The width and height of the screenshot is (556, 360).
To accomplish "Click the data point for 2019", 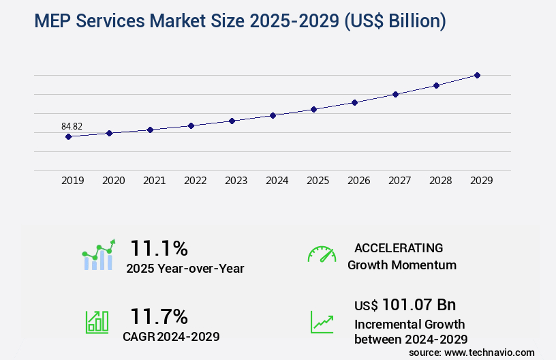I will pyautogui.click(x=68, y=136).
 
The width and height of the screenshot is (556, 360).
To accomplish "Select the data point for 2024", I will pyautogui.click(x=273, y=115).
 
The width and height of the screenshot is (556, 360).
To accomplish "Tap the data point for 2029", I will pyautogui.click(x=477, y=75).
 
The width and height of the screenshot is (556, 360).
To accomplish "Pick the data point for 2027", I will pyautogui.click(x=395, y=94).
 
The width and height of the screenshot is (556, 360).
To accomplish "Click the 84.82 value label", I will pyautogui.click(x=72, y=126).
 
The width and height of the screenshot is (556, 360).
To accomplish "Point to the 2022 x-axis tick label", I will pyautogui.click(x=195, y=181).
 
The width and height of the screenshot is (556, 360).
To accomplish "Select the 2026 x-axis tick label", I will pyautogui.click(x=358, y=181).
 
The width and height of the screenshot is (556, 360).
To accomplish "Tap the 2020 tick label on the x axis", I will pyautogui.click(x=113, y=181).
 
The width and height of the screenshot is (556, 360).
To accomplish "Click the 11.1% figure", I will pyautogui.click(x=159, y=247).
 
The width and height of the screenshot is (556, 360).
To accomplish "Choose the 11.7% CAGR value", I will pyautogui.click(x=159, y=316).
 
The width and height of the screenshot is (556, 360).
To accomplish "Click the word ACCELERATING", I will pyautogui.click(x=399, y=247).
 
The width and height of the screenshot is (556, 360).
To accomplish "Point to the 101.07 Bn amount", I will pyautogui.click(x=419, y=304).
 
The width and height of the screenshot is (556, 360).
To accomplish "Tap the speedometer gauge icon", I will pyautogui.click(x=322, y=254).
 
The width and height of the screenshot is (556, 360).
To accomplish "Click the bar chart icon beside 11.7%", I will pyautogui.click(x=97, y=321).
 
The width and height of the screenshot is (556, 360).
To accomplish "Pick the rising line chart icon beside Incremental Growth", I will pyautogui.click(x=322, y=321).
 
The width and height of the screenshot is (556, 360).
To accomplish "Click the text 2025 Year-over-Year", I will pyautogui.click(x=185, y=269).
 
